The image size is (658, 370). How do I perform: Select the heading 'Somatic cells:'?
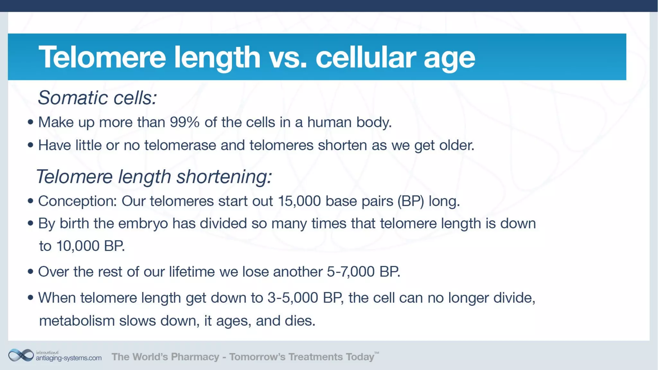pos(97,97)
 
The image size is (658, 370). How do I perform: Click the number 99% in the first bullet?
pos(184,122)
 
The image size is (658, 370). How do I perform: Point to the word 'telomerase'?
pos(180,145)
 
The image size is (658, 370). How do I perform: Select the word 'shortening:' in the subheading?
pos(224,177)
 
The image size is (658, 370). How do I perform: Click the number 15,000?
pos(299,201)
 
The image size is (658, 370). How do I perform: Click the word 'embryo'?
pos(143,224)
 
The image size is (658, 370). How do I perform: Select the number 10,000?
pos(78,246)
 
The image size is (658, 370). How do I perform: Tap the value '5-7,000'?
pos(351,272)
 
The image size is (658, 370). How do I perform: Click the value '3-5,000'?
pos(293,298)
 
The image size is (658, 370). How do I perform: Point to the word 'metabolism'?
pos(77,321)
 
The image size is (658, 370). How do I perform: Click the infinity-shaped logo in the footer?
pos(21,356)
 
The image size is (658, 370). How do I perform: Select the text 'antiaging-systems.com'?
pos(69,358)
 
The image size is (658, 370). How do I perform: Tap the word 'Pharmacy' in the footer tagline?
pos(195,357)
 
